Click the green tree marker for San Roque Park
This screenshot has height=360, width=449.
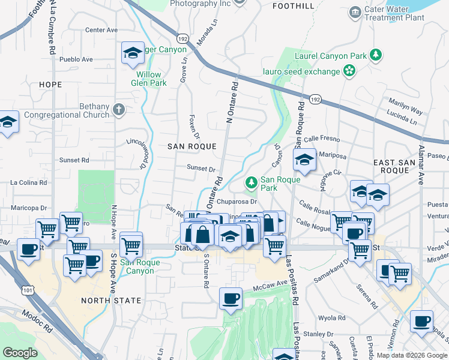pos(252,182)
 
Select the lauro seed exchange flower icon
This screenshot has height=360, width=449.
pos(349,71)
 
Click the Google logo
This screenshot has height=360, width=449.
pos(20,353)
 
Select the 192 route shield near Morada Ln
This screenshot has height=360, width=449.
pos(184,38)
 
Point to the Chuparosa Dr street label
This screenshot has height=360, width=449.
pos(237,202)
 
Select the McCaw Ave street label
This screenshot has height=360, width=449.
pos(273,283)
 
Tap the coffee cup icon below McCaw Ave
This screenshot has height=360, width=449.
pos(231,298)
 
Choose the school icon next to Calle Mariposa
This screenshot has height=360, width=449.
pos(304,160)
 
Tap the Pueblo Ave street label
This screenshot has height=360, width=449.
pos(76,59)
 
